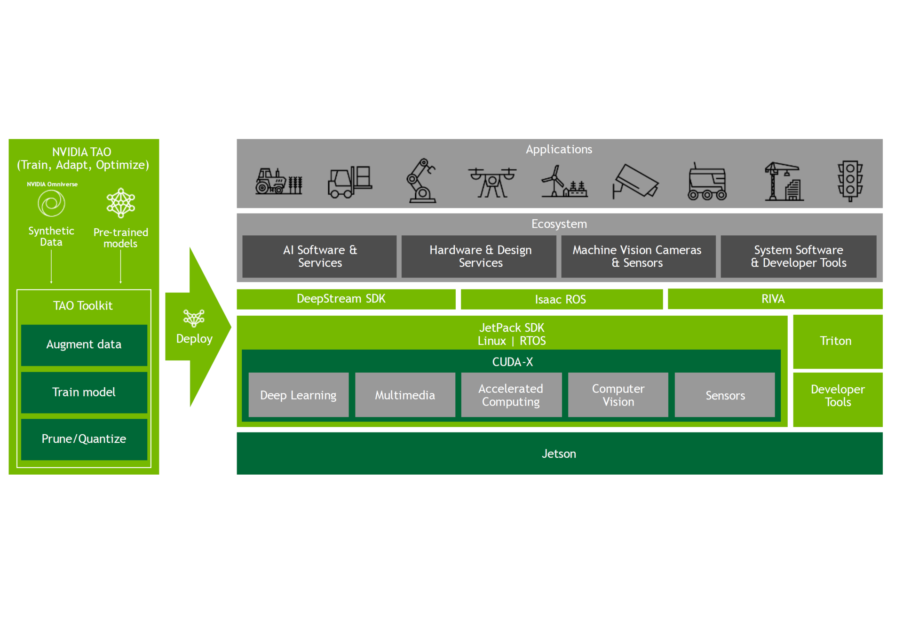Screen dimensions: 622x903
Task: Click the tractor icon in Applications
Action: click(278, 182)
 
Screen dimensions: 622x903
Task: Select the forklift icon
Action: click(349, 182)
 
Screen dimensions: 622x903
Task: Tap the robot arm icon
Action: click(421, 181)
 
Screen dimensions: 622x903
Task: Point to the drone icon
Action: click(492, 182)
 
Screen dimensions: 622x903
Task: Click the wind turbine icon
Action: click(563, 182)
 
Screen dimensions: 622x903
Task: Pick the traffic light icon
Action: click(849, 181)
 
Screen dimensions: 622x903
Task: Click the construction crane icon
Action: click(784, 182)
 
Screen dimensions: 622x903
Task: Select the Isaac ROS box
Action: click(561, 299)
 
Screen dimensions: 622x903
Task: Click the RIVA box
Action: click(774, 299)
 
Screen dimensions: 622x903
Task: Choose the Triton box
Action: click(837, 341)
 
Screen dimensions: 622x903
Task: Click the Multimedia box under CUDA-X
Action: click(405, 395)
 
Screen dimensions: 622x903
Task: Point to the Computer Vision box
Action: click(618, 395)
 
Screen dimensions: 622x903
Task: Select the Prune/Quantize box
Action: click(84, 439)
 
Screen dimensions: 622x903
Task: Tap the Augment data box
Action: click(84, 344)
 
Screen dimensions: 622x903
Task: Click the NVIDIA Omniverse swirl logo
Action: click(51, 203)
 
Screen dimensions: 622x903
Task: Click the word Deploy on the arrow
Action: click(194, 339)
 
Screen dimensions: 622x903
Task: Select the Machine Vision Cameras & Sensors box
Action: click(637, 256)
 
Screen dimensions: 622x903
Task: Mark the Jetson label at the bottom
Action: click(559, 454)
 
